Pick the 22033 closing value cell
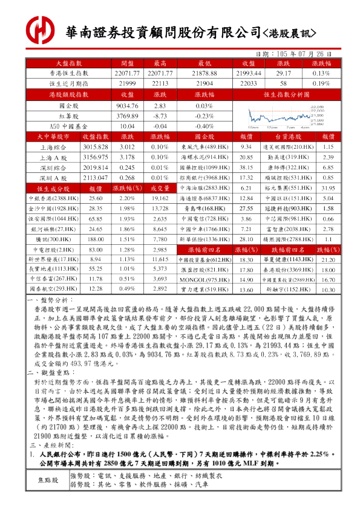click(x=248, y=83)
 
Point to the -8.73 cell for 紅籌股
click(x=160, y=116)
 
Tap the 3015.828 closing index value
click(x=95, y=147)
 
